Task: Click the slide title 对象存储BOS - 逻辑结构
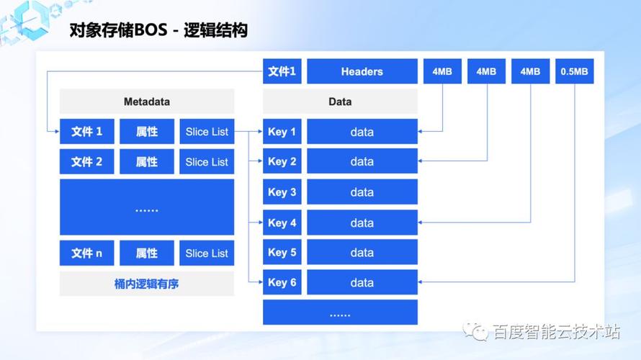pos(158,31)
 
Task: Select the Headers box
pos(362,71)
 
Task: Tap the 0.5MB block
pos(574,71)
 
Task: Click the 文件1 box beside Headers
pos(282,71)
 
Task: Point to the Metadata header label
pos(146,102)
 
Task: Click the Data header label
pos(340,102)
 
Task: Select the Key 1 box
pos(282,132)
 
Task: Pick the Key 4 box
pos(282,222)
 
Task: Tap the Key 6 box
pos(282,282)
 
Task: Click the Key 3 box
pos(282,192)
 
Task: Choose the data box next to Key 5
pos(362,253)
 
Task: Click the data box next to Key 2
pos(362,162)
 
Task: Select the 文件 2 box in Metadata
pos(87,162)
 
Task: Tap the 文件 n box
pos(87,253)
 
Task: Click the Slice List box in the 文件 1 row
pos(207,132)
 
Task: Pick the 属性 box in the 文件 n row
pos(147,253)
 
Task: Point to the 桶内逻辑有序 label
pos(146,284)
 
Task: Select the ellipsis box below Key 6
pos(340,313)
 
